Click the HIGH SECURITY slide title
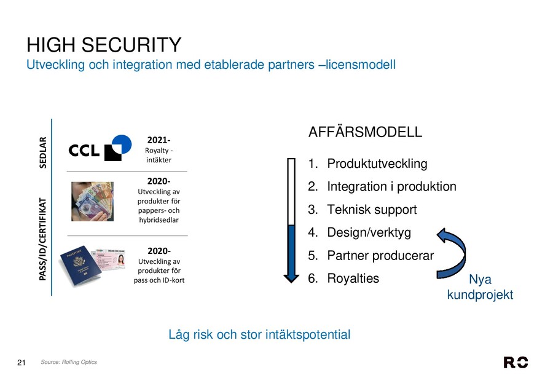click(x=104, y=45)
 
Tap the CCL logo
click(x=100, y=148)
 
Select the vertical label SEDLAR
click(x=42, y=152)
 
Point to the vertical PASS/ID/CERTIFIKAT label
click(x=42, y=239)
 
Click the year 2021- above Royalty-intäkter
click(x=159, y=140)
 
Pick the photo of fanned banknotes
click(x=92, y=202)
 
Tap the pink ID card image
click(x=109, y=259)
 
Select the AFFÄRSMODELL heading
click(x=365, y=132)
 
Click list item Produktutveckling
click(x=377, y=164)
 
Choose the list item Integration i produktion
click(x=391, y=186)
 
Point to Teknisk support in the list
click(x=372, y=210)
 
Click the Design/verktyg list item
click(x=369, y=232)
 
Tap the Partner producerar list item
click(x=380, y=256)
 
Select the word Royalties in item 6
click(x=353, y=278)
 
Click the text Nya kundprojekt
click(x=480, y=287)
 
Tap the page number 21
click(x=21, y=363)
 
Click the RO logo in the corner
click(x=516, y=363)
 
